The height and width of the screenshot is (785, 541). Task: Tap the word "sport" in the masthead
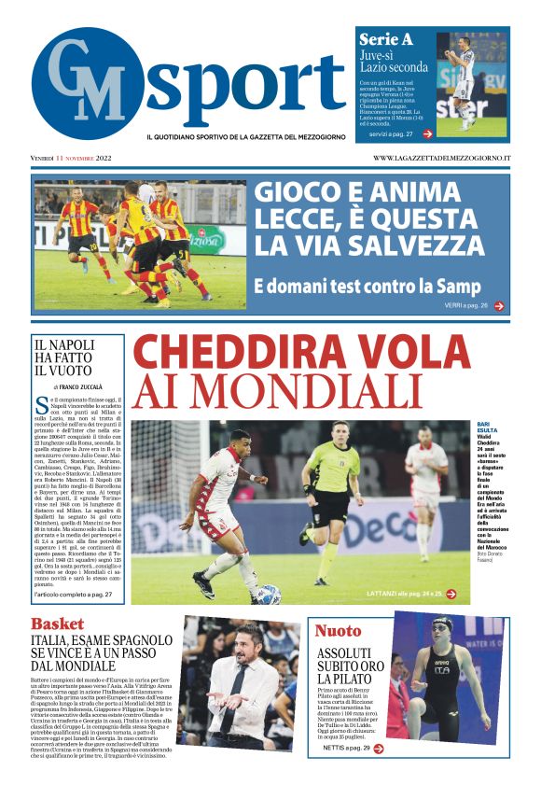(x=243, y=84)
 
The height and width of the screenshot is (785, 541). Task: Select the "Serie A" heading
(x=385, y=40)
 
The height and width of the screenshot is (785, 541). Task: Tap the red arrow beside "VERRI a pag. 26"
(x=499, y=305)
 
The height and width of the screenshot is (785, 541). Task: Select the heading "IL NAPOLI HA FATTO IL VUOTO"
(x=64, y=357)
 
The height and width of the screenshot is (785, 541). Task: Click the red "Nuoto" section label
(x=338, y=631)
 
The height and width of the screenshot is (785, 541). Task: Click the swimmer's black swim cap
(x=440, y=624)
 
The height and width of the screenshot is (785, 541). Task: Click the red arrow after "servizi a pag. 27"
(x=427, y=134)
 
